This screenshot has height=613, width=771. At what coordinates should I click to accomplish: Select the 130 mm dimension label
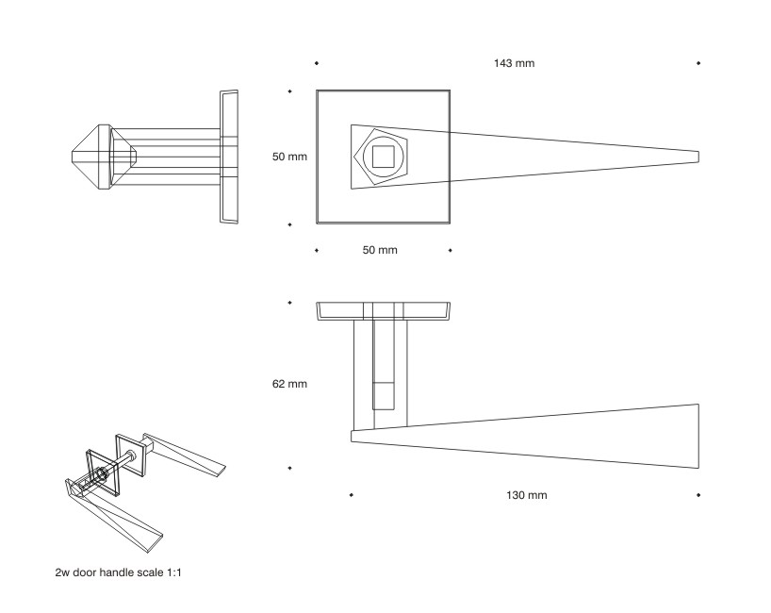point(527,495)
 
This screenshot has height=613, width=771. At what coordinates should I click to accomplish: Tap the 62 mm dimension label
point(290,384)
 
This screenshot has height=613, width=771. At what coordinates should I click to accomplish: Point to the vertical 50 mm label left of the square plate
point(290,157)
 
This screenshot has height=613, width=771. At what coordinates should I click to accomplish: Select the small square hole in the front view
point(383,157)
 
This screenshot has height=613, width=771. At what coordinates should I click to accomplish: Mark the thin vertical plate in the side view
point(229,157)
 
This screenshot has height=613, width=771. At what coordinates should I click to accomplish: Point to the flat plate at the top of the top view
point(383,311)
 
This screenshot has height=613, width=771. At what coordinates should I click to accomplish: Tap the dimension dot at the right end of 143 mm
point(697,63)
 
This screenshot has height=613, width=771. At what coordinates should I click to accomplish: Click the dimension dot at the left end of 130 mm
point(351,494)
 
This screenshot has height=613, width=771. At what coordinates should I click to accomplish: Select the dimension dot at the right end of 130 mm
point(697,494)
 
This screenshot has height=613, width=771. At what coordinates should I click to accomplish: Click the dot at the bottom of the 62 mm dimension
point(289,468)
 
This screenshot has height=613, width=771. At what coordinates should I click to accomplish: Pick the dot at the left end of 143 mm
point(316,63)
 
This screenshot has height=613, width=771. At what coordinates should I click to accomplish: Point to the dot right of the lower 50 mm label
point(451,251)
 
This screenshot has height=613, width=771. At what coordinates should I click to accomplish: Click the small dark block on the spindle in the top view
point(384,395)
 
